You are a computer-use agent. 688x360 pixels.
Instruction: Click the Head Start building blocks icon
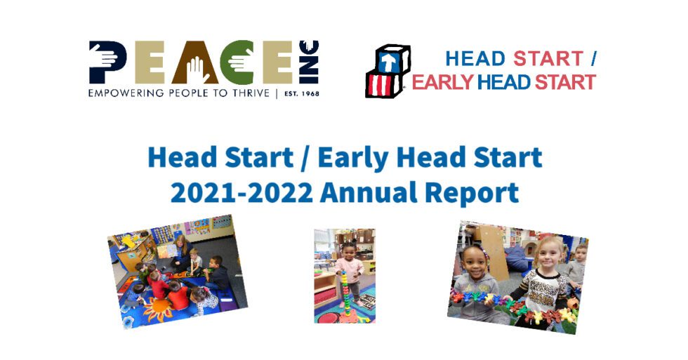point(387,71)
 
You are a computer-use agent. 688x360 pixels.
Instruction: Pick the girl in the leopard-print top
point(545,284)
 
